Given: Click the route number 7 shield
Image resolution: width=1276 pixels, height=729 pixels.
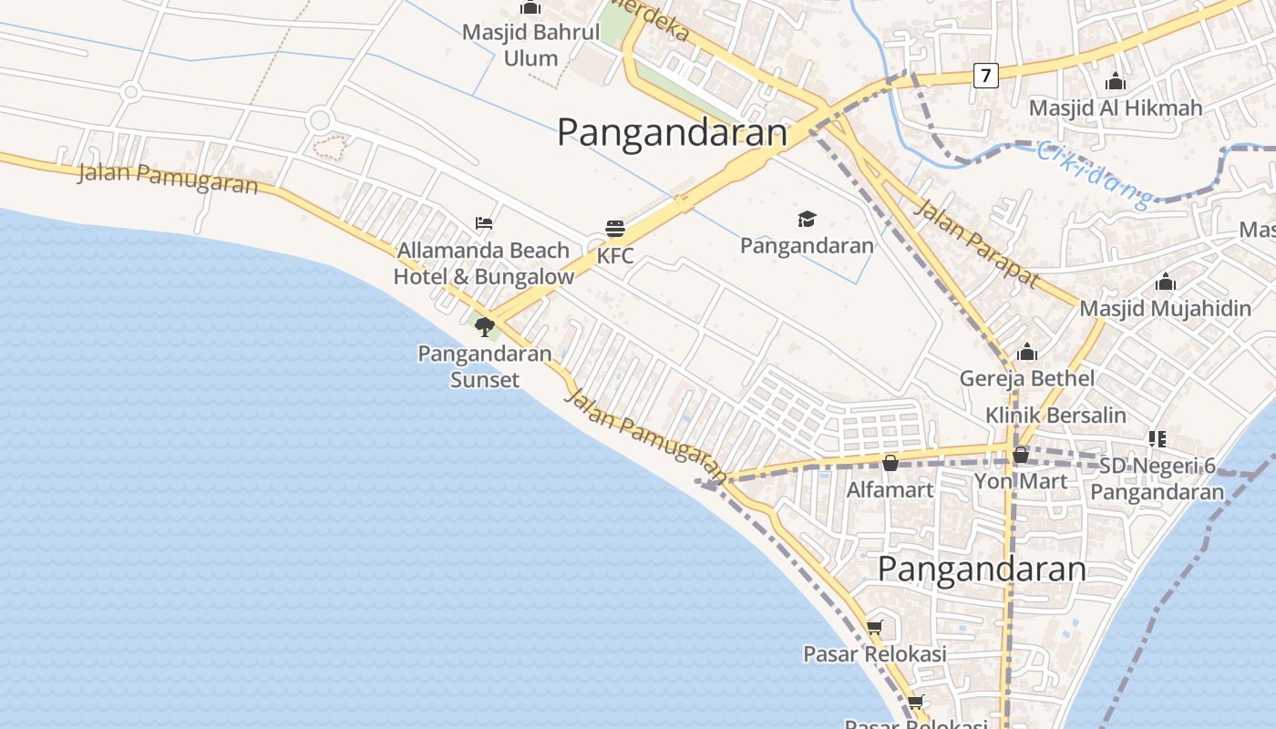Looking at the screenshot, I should (x=985, y=75).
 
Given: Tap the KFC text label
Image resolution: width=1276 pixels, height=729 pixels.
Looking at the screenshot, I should (x=615, y=256).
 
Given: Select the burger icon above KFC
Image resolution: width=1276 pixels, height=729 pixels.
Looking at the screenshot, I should (x=615, y=228).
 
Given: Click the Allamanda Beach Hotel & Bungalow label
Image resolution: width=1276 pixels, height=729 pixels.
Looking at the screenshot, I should (x=484, y=263).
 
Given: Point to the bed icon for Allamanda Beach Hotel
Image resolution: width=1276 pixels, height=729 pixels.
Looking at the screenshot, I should (x=484, y=222).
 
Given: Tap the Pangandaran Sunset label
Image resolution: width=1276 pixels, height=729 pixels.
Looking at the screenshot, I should (x=485, y=366).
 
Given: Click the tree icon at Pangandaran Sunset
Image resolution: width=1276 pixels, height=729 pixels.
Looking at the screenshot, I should (x=484, y=326).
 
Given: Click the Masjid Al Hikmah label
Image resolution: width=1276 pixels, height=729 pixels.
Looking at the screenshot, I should (x=1116, y=108).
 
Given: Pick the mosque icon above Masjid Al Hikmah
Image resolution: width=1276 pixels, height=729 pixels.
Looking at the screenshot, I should (x=1116, y=82).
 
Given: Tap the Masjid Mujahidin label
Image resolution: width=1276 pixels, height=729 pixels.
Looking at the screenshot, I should (x=1165, y=308).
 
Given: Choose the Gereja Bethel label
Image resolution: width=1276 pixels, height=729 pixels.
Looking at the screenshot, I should (x=1027, y=378).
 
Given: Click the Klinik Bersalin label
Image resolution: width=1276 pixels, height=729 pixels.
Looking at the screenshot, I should (x=1055, y=416).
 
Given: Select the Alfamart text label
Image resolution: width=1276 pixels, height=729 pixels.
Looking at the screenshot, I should (x=890, y=490).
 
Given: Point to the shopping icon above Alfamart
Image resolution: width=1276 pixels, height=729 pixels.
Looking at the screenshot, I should (x=890, y=463).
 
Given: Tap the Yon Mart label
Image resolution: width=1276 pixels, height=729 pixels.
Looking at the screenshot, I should (x=1021, y=480).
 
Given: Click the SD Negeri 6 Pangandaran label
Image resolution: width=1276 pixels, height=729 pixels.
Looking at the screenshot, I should (x=1158, y=479).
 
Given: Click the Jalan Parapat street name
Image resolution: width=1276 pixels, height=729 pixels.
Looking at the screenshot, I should (x=976, y=243).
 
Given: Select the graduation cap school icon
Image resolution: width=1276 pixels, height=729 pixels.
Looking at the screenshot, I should (x=807, y=219).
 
